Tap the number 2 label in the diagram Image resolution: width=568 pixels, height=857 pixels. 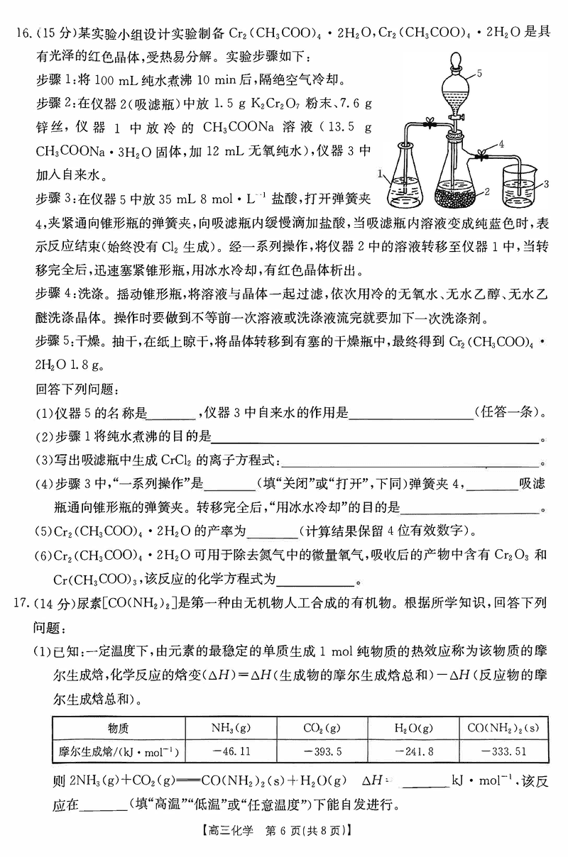(487, 191)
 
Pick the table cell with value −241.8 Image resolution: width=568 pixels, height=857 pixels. (413, 751)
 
